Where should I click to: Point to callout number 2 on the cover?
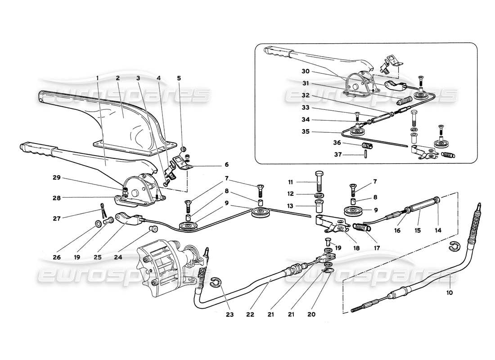[117, 78]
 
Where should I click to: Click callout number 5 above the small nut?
[179, 78]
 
